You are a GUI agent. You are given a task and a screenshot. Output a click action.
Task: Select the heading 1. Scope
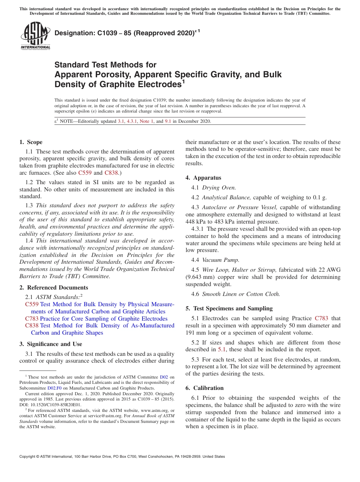tap(31, 142)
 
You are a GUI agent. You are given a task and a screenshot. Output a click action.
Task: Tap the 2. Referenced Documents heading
tap(53, 288)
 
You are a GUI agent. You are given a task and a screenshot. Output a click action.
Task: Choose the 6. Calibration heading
tap(205, 388)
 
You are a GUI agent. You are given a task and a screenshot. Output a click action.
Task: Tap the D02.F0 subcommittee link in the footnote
tap(54, 388)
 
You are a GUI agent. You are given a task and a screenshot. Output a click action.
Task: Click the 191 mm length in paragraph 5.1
tap(195, 333)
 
